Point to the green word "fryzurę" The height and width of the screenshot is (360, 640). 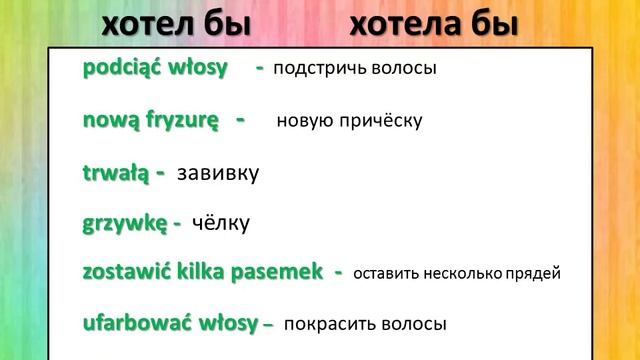[177, 120]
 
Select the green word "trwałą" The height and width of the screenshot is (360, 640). [114, 172]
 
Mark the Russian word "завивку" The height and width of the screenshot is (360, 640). [217, 173]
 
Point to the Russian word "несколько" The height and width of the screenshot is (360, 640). [461, 273]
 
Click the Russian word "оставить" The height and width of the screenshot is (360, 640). [387, 273]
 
